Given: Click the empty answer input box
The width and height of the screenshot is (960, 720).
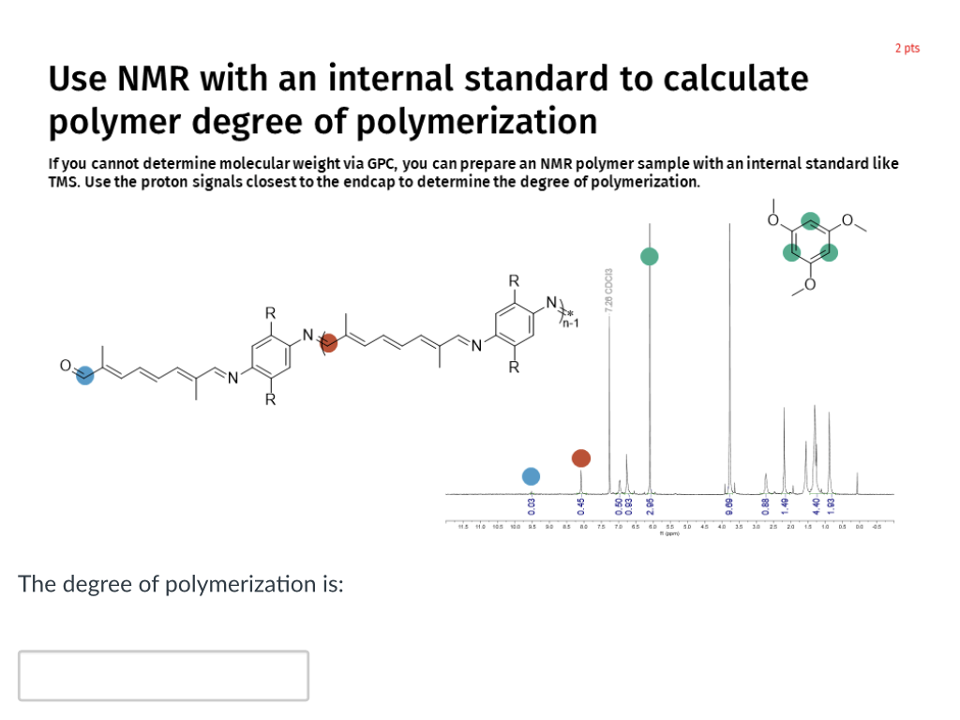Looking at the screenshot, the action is click(163, 675).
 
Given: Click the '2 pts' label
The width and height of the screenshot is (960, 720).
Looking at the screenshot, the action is click(907, 48).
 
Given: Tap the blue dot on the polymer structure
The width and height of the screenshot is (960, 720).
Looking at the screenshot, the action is click(84, 376).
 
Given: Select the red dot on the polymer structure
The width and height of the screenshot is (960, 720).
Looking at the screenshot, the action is click(329, 343).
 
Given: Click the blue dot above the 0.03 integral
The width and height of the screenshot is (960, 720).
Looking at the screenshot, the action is click(532, 476).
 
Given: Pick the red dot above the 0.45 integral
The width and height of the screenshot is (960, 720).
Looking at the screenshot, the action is click(581, 457).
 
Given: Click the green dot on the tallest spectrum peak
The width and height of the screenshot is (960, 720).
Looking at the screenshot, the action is click(650, 256).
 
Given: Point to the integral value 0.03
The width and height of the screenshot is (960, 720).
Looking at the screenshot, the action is click(532, 507).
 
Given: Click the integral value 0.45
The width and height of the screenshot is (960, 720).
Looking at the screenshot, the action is click(581, 507).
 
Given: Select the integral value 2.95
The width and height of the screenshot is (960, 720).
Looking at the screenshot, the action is click(650, 507).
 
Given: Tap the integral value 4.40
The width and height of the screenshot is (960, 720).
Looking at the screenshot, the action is click(817, 507).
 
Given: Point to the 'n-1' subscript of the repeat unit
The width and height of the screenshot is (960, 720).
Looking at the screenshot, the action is click(571, 324).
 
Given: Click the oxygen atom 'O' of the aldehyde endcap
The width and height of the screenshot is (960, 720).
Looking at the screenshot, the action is click(66, 366).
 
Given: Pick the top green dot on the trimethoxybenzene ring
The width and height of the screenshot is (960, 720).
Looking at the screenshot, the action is click(811, 222).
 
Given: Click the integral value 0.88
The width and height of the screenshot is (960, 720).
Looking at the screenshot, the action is click(766, 507).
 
